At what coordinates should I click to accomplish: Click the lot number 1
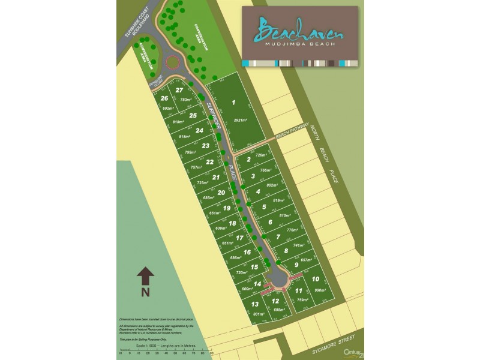[233, 103]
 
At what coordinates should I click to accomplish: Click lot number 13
[255, 304]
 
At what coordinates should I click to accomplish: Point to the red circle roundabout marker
[173, 62]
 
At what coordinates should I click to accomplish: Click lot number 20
[221, 193]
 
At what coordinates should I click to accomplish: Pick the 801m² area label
[259, 314]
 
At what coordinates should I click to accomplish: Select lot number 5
[264, 207]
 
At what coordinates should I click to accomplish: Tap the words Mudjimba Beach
[300, 44]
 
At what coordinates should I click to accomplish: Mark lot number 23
[206, 145]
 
